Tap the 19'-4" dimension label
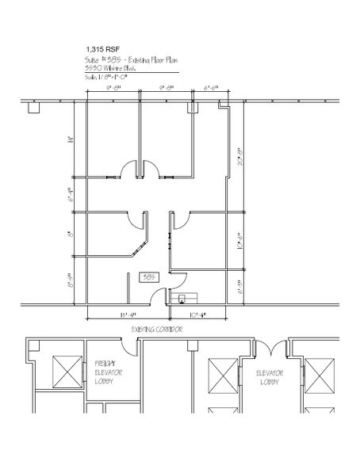[118, 314]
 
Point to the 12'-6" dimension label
[237, 242]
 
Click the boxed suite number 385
[147, 277]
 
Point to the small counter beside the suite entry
[188, 298]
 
